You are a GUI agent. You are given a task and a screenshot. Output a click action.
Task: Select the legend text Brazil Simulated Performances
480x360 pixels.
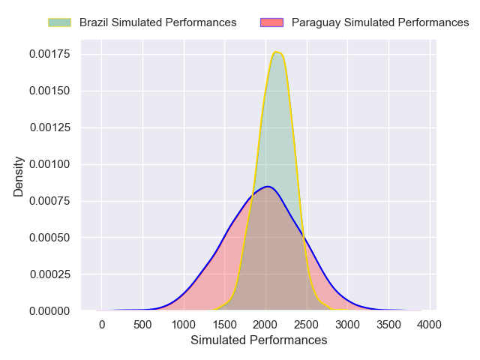click(157, 22)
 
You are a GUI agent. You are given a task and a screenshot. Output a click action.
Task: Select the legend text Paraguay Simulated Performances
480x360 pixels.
click(380, 22)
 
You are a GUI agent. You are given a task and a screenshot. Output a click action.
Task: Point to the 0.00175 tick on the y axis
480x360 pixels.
click(50, 54)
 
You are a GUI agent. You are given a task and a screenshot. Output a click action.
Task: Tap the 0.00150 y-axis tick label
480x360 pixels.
click(50, 91)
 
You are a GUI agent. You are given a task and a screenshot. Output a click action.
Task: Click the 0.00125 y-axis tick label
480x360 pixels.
click(50, 127)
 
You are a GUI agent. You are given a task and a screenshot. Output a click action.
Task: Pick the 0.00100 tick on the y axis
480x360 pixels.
click(50, 164)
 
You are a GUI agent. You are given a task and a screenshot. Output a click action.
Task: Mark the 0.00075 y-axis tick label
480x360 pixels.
click(50, 201)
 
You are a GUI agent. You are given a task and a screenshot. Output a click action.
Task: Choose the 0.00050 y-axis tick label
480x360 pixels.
click(50, 238)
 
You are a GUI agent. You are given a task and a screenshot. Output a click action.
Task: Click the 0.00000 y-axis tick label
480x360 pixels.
click(50, 310)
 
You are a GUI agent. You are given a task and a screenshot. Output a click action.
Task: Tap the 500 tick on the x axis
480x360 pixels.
click(142, 325)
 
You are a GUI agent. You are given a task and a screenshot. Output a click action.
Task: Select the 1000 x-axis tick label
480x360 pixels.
click(184, 325)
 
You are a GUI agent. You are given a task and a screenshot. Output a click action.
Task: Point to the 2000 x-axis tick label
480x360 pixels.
click(265, 325)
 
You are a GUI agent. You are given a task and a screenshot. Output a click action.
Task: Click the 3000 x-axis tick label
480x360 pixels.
click(347, 325)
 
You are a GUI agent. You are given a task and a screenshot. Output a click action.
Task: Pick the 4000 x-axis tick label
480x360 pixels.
click(429, 325)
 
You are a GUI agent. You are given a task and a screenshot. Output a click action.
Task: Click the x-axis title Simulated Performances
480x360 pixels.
click(259, 340)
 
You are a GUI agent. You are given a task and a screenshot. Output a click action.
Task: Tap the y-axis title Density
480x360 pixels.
click(19, 176)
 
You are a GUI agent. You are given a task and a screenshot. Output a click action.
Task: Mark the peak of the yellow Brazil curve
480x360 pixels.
click(277, 52)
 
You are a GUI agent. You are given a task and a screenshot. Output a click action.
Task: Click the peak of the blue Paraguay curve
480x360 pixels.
click(268, 186)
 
